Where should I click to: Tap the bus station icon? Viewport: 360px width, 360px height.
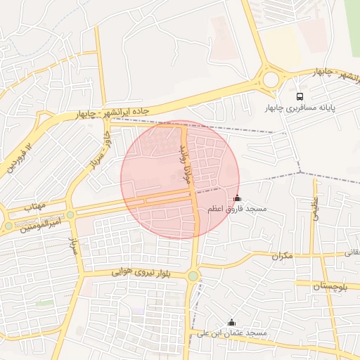pyautogui.click(x=300, y=96)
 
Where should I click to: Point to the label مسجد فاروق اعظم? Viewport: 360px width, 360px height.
pyautogui.click(x=237, y=210)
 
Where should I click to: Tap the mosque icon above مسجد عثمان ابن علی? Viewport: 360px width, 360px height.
pyautogui.click(x=231, y=322)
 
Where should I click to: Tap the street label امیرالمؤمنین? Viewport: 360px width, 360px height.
pyautogui.click(x=41, y=224)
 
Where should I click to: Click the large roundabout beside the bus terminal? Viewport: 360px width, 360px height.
pyautogui.click(x=271, y=78)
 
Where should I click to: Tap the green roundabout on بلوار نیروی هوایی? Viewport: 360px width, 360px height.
pyautogui.click(x=193, y=276)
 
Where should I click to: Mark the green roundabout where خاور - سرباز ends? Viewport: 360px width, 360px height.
pyautogui.click(x=70, y=214)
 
